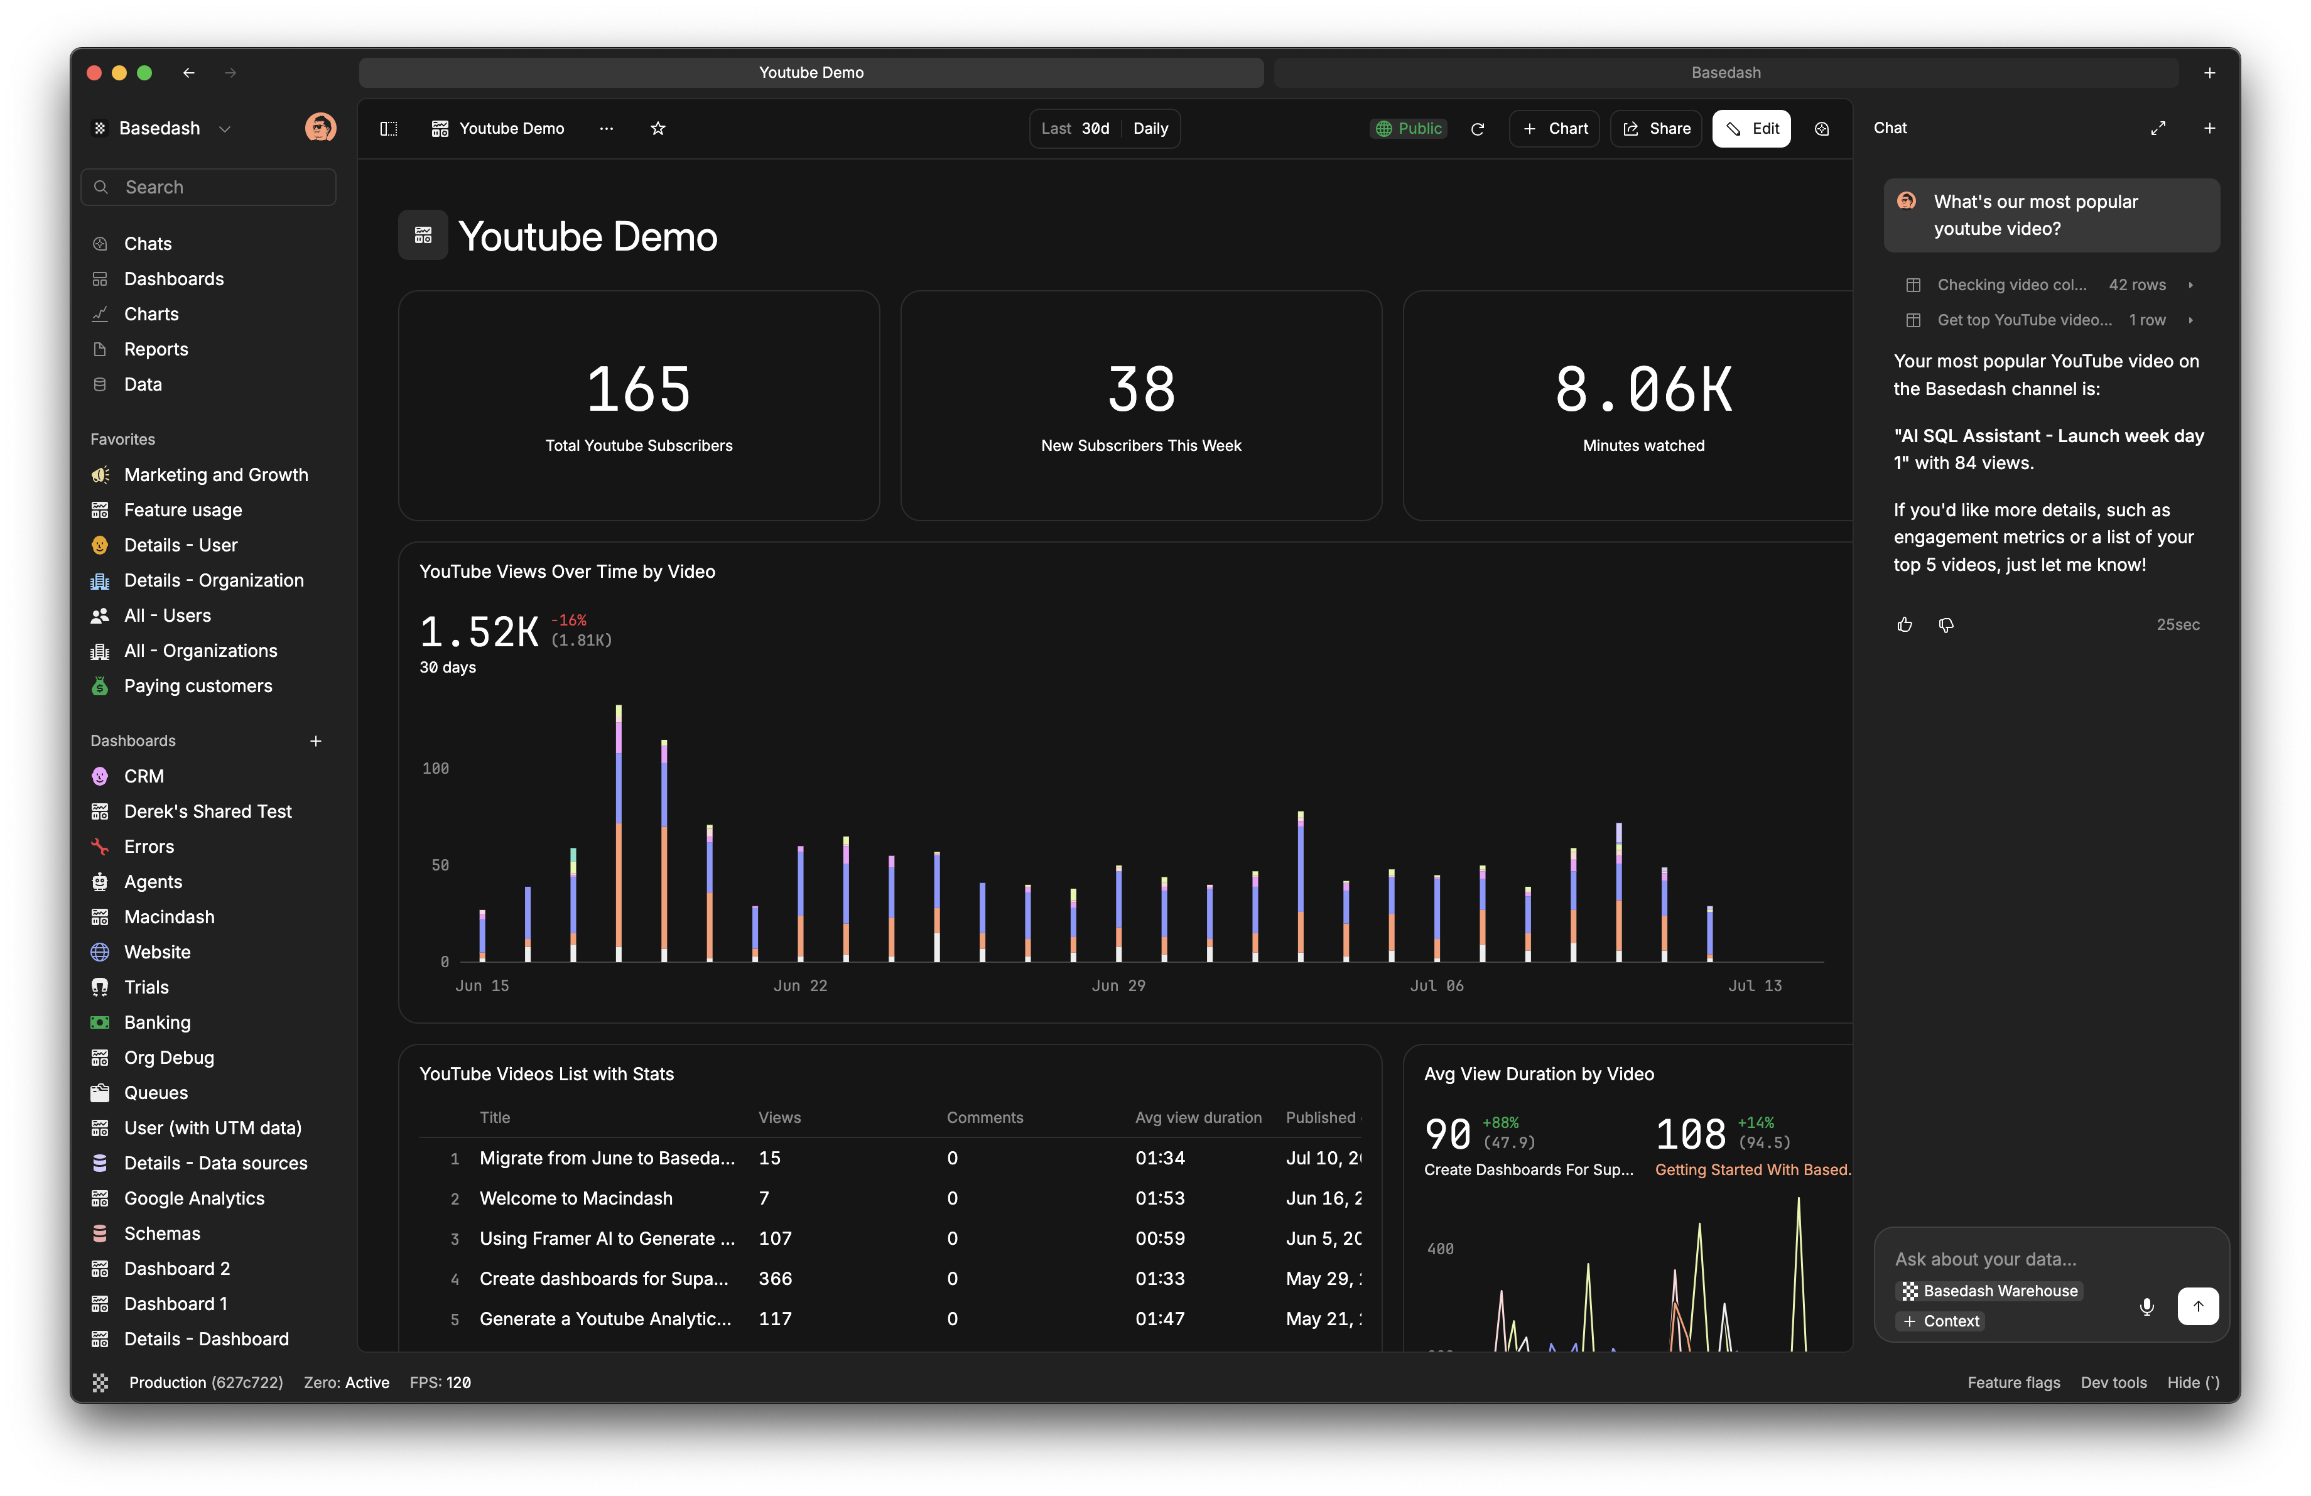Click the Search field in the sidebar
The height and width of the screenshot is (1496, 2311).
click(208, 187)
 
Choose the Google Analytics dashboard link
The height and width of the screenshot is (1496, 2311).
click(193, 1198)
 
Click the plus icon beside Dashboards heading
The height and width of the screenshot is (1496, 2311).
click(316, 740)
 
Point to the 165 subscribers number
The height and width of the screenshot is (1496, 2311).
click(638, 389)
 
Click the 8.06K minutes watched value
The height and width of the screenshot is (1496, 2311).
click(1643, 389)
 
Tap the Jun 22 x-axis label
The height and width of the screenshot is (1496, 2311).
click(800, 985)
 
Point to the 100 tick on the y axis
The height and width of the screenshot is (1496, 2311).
click(435, 768)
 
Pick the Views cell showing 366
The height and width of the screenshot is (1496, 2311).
click(775, 1279)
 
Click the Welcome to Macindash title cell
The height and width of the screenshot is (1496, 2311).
click(576, 1198)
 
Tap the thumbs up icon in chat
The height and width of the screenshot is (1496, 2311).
click(1904, 624)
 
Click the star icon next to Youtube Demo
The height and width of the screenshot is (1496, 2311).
click(658, 128)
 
